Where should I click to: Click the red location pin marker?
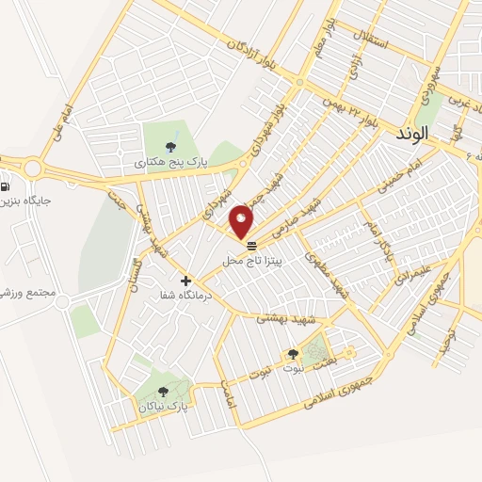[x=241, y=221]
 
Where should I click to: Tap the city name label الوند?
[x=412, y=135]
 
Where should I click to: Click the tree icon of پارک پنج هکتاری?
[x=170, y=146]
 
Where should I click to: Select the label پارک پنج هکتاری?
[x=169, y=162]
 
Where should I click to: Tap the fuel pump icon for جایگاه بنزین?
[x=7, y=185]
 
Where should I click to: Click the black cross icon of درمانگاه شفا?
[x=185, y=281]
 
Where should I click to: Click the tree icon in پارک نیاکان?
[x=163, y=393]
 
